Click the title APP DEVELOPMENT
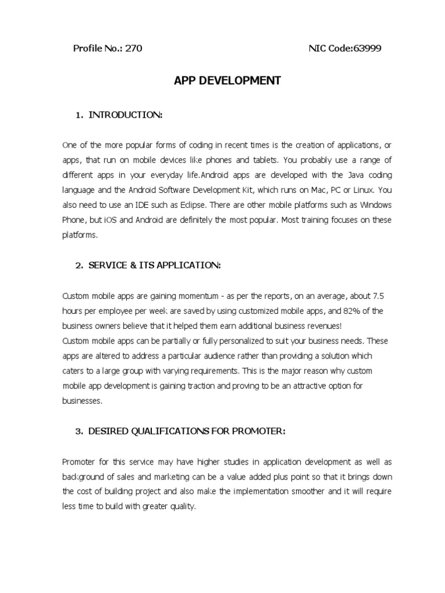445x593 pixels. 227,81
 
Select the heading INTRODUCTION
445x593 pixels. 125,115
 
